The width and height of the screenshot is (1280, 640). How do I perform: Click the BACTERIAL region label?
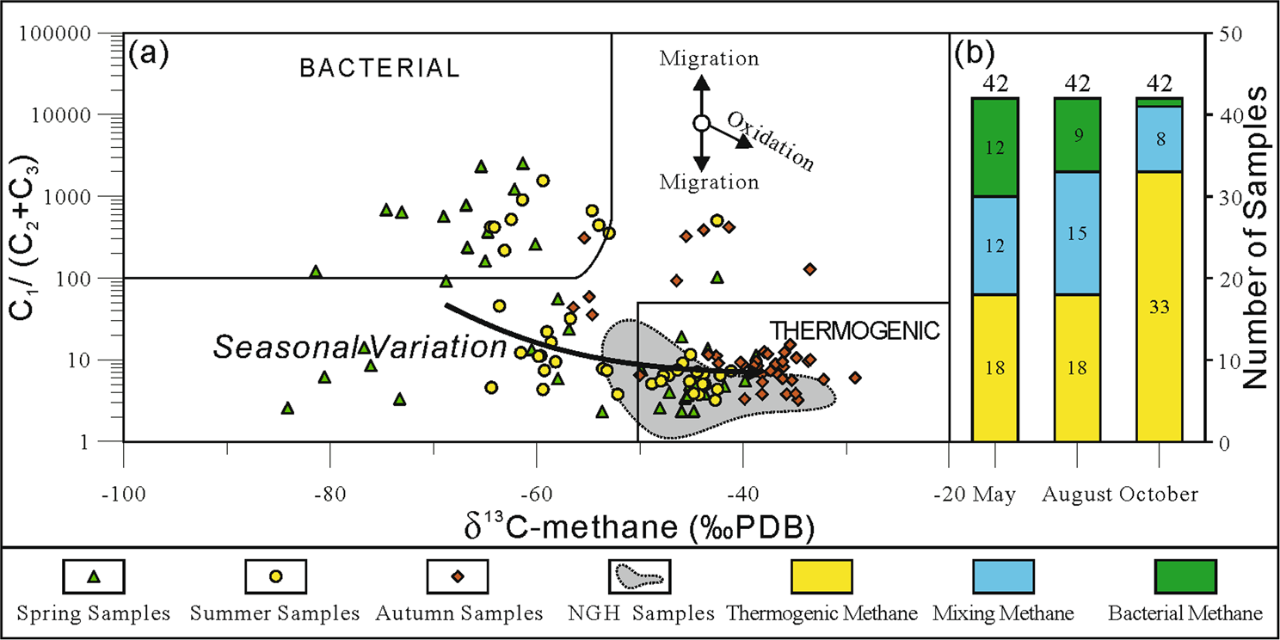point(379,69)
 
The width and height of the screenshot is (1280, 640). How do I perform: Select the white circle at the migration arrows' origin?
point(701,124)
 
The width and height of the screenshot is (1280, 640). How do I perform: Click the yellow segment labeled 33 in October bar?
point(1160,306)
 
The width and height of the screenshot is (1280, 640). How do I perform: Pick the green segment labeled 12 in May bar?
point(995,147)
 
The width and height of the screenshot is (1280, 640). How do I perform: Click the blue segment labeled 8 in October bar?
point(1160,139)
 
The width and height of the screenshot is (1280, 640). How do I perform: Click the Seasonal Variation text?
point(360,348)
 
